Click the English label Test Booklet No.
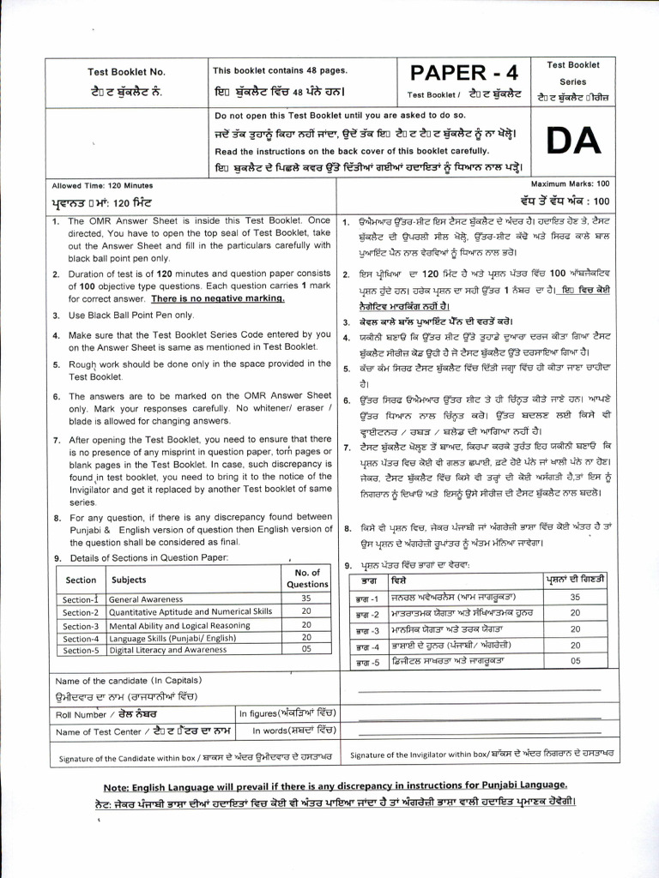[x=126, y=72]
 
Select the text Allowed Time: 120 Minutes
[x=90, y=185]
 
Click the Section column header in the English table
[x=82, y=580]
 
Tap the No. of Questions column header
[x=306, y=578]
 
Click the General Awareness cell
[x=146, y=599]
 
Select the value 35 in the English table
[x=305, y=598]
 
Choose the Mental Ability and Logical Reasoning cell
[x=179, y=625]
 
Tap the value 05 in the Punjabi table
[x=575, y=661]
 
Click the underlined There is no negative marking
[x=218, y=298]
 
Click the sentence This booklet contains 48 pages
[x=280, y=70]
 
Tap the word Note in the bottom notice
[x=116, y=785]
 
